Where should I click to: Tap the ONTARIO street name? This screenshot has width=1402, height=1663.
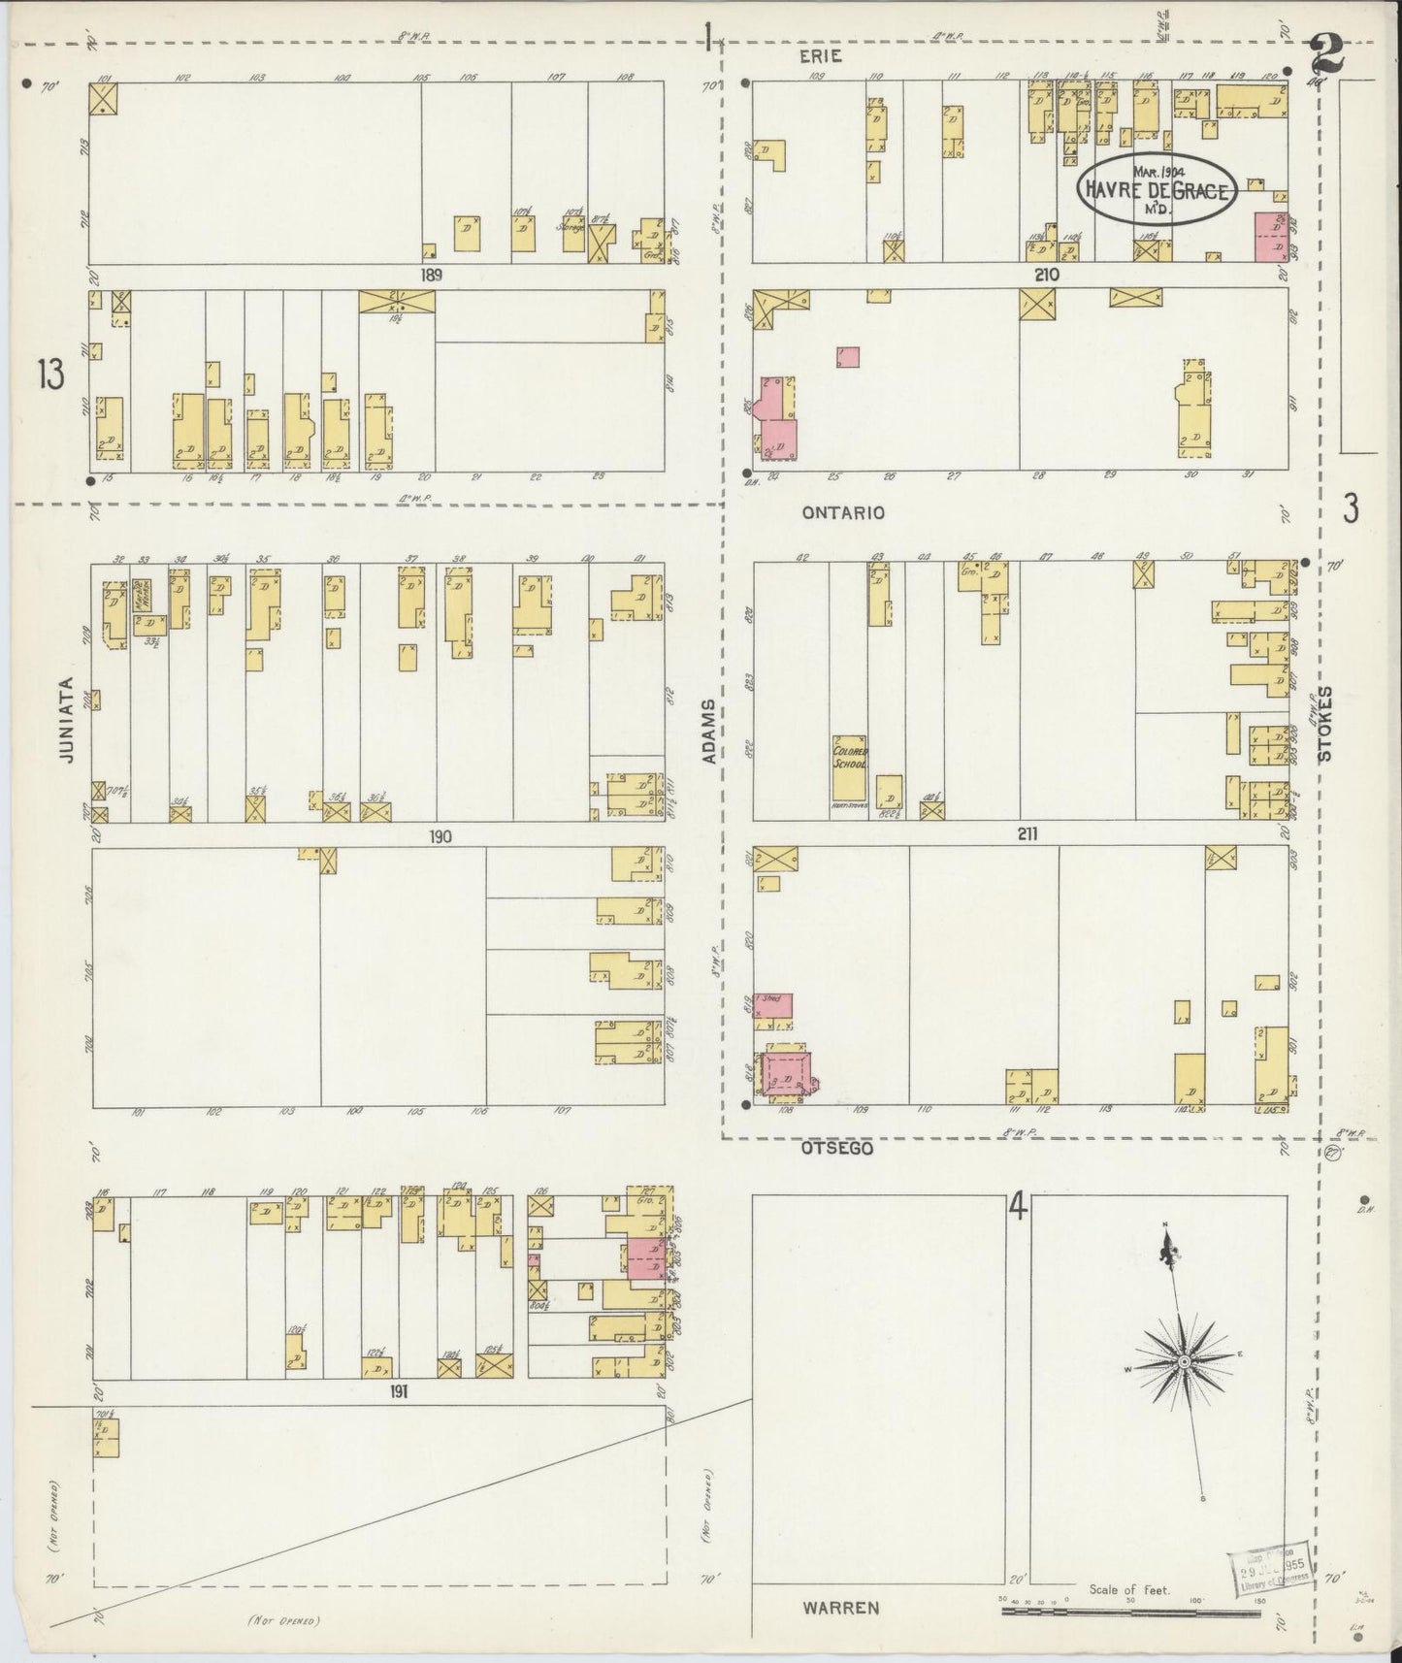[843, 512]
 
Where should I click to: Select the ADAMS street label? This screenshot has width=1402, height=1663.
[710, 730]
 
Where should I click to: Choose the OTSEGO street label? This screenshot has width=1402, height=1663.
[837, 1148]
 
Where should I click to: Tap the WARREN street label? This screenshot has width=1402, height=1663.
[840, 1608]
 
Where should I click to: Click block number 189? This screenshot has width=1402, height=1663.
[431, 276]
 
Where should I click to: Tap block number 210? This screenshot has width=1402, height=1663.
[1045, 276]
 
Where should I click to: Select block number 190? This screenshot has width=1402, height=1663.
[440, 836]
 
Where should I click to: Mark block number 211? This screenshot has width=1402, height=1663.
[1029, 832]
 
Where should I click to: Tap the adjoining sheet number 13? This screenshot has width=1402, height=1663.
[51, 374]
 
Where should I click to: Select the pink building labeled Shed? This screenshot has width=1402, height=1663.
[774, 1005]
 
